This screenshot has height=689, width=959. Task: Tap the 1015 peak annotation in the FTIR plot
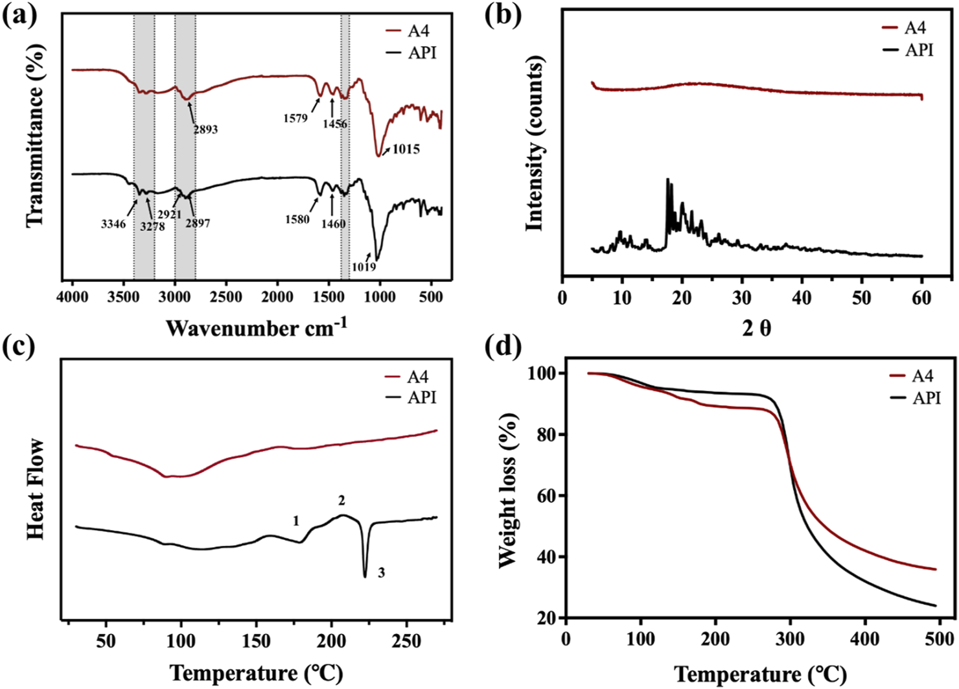406,149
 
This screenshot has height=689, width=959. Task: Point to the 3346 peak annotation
113,224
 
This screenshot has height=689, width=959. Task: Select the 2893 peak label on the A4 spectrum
205,129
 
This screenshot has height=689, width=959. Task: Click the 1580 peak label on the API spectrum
297,219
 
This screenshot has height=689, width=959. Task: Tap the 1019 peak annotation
364,266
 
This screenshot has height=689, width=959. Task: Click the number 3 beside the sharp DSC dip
381,573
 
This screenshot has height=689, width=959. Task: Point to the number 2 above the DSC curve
341,500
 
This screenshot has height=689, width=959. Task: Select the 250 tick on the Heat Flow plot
407,641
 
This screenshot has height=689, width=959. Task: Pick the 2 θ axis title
756,329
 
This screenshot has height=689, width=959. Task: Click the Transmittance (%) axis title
35,136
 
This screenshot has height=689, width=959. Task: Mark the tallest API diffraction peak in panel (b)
667,180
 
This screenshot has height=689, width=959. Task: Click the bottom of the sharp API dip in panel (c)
365,576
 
